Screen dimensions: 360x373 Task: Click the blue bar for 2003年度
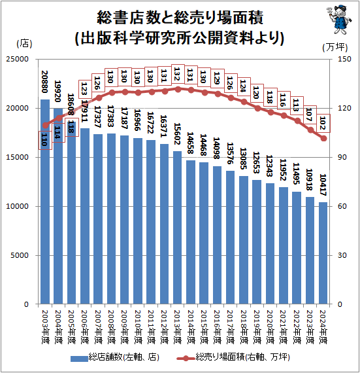pyautogui.click(x=45, y=202)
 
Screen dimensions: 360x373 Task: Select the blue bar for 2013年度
pyautogui.click(x=178, y=228)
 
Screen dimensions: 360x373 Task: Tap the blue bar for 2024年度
pyautogui.click(x=323, y=253)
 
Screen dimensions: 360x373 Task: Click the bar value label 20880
pyautogui.click(x=44, y=82)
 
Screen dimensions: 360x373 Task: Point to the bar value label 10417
pyautogui.click(x=323, y=185)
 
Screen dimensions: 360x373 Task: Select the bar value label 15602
pyautogui.click(x=178, y=133)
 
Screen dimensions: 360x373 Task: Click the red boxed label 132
pyautogui.click(x=178, y=74)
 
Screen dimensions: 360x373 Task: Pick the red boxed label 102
pyautogui.click(x=323, y=123)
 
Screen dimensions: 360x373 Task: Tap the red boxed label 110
pyautogui.click(x=45, y=140)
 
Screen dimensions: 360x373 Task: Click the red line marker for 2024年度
pyautogui.click(x=323, y=138)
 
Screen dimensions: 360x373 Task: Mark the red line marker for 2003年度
pyautogui.click(x=45, y=125)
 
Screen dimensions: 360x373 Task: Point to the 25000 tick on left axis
pyautogui.click(x=17, y=59)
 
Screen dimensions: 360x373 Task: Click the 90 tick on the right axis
pyautogui.click(x=342, y=157)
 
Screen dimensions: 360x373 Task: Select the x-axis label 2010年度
pyautogui.click(x=138, y=327)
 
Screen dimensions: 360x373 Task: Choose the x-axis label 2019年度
pyautogui.click(x=257, y=327)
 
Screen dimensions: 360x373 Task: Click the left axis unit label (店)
pyautogui.click(x=24, y=43)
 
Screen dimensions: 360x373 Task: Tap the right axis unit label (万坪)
pyautogui.click(x=335, y=47)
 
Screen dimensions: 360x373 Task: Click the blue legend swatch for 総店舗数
pyautogui.click(x=79, y=359)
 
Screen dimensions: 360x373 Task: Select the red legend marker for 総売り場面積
pyautogui.click(x=186, y=358)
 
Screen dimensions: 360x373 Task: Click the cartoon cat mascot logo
pyautogui.click(x=339, y=20)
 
